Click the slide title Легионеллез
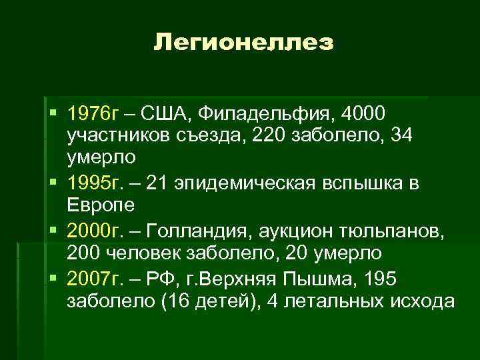pos(243,43)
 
